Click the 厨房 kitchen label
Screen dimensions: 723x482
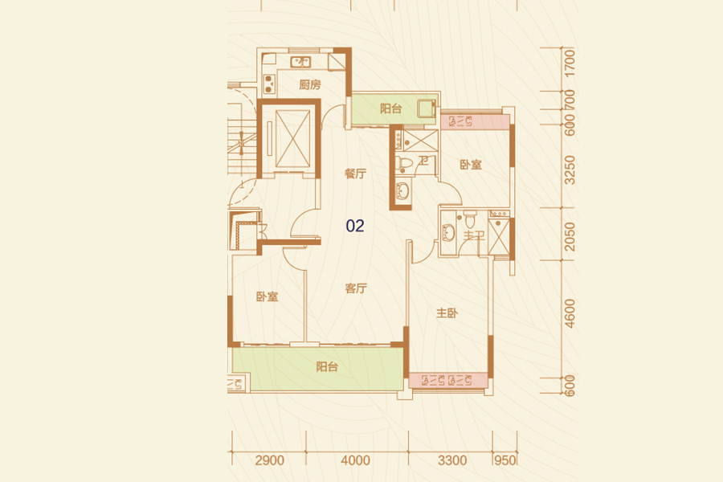(310, 85)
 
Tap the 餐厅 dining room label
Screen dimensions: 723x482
(356, 174)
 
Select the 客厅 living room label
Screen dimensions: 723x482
(356, 288)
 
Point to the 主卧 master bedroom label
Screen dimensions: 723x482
(447, 313)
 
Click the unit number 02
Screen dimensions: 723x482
(355, 226)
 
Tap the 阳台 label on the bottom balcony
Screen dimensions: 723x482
(328, 367)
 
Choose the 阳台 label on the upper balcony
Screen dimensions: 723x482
(391, 109)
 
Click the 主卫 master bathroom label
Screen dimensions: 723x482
(473, 235)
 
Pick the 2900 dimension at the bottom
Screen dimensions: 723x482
(270, 460)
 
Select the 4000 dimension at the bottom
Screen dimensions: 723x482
(356, 460)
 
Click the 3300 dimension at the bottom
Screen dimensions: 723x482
(452, 460)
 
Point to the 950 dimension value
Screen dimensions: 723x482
(505, 460)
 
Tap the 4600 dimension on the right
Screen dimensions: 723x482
(570, 314)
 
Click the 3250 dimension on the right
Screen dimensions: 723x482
(570, 170)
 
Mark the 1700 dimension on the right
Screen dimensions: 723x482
(570, 63)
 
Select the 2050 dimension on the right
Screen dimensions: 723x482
(570, 237)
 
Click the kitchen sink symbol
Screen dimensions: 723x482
(300, 62)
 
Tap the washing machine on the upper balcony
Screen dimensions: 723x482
(427, 108)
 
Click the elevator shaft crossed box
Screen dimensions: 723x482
(292, 139)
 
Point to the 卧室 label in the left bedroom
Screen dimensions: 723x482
(268, 296)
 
